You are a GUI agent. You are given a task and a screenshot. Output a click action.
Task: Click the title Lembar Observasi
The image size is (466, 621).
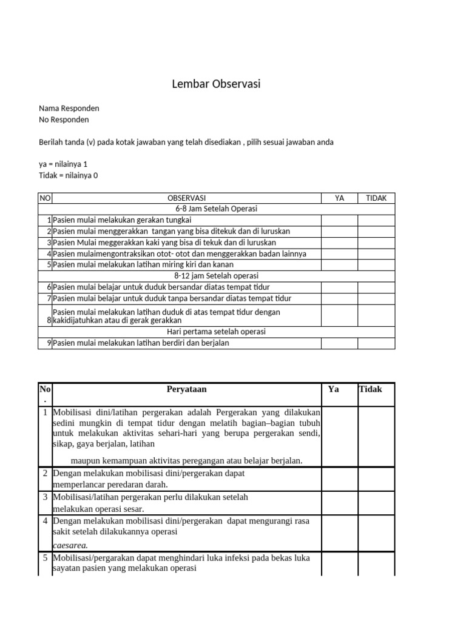tap(216, 84)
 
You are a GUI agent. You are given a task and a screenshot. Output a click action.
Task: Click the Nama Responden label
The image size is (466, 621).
tap(69, 109)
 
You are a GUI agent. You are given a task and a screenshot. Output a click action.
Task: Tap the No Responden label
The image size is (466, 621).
tap(64, 120)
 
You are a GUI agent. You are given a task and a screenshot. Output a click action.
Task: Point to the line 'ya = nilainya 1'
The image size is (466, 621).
tap(67, 164)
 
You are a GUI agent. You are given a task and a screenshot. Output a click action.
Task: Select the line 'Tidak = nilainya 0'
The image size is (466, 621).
tap(68, 176)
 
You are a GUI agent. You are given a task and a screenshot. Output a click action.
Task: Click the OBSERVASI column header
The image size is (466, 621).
tap(186, 198)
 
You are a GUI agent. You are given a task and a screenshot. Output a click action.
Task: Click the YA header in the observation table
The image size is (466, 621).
tap(339, 198)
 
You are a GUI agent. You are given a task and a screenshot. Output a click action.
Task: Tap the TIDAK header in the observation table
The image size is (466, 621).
tap(376, 198)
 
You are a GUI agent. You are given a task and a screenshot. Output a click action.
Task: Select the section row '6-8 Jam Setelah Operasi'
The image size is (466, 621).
tap(217, 209)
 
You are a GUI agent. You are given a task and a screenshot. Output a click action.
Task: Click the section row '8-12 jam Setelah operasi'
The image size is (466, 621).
tap(217, 276)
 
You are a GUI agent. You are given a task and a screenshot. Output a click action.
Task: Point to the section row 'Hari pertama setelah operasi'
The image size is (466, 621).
tap(217, 332)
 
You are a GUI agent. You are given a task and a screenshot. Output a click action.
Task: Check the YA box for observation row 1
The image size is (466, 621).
tap(339, 220)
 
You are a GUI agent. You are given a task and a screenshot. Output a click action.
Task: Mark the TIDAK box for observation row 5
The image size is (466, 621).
tap(376, 265)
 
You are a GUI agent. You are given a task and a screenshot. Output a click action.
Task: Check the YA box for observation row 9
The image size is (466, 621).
tap(339, 343)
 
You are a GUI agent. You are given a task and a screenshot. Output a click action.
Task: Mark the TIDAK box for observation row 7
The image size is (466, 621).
tap(376, 298)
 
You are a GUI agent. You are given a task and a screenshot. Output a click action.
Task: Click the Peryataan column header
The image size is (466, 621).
tap(187, 389)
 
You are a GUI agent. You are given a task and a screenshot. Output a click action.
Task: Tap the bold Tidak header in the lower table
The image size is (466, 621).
tap(371, 389)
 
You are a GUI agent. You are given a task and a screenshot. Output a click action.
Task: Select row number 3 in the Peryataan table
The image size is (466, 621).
tap(46, 497)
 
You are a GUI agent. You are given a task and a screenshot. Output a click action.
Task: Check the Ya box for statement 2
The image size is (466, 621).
tap(339, 478)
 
